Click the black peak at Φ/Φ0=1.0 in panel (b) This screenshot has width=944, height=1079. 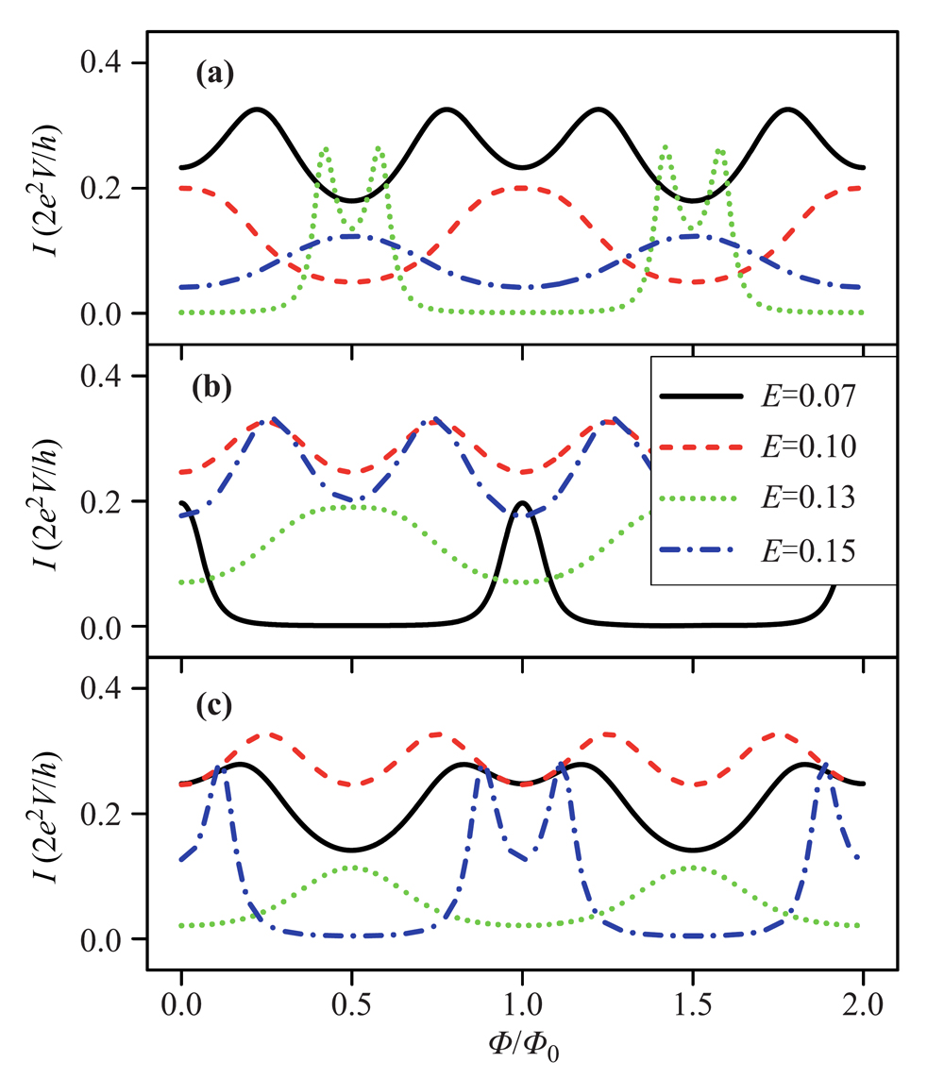click(522, 502)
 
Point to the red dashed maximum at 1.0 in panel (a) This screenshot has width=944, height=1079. click(522, 188)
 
